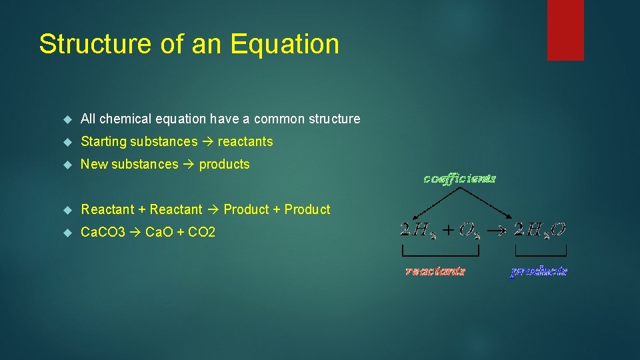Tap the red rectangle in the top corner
pos(565,29)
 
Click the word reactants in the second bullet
pos(245,141)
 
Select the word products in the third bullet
pos(224,164)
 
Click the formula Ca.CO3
pos(103,232)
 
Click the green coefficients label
pos(459,178)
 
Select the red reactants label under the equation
pos(435,271)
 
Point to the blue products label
pos(539,271)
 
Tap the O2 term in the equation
pos(468,230)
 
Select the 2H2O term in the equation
pos(539,230)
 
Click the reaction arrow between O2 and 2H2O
pos(497,230)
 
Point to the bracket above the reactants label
pos(440,254)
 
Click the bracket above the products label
pos(540,254)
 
